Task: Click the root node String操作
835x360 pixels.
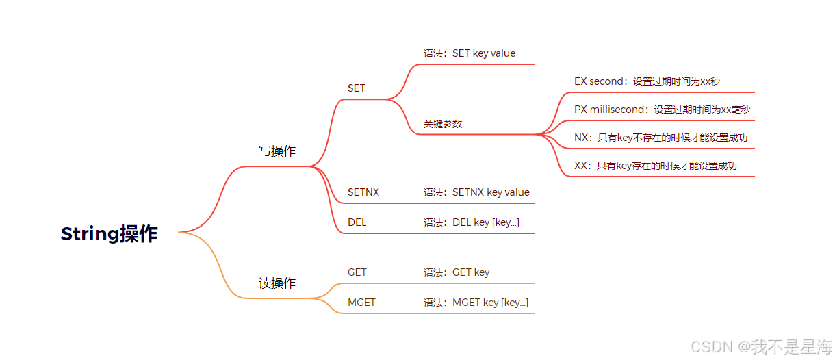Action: [110, 234]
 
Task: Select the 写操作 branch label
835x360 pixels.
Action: [277, 151]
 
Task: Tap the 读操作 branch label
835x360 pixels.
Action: [277, 283]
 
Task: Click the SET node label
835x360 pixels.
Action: [357, 88]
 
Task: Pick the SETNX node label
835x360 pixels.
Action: [363, 192]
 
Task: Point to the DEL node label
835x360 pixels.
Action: [357, 222]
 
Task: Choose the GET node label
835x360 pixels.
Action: [357, 272]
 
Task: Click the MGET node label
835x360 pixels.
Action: [361, 303]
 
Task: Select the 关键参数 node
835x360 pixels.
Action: [443, 124]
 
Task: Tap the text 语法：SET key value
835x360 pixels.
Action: [470, 53]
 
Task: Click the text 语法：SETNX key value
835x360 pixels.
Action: [476, 192]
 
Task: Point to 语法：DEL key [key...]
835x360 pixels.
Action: [472, 222]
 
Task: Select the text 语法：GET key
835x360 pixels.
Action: [457, 272]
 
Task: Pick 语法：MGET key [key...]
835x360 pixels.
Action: [476, 303]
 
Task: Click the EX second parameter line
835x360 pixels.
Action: [647, 81]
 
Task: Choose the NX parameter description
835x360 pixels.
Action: [660, 138]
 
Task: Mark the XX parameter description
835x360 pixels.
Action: [656, 166]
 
